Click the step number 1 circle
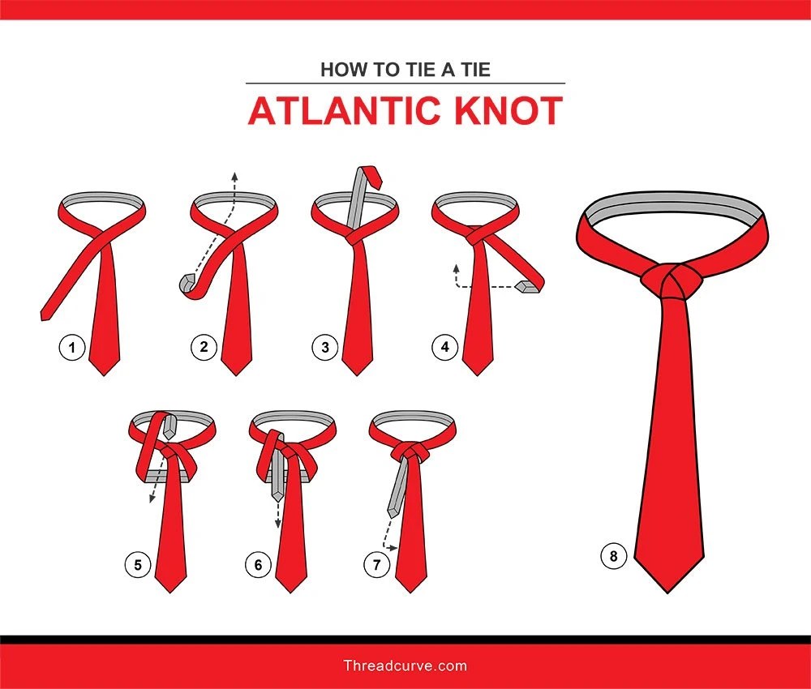pos(71,349)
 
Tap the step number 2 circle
pos(204,349)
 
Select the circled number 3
pos(324,349)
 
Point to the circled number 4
pos(444,349)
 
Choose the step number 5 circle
pos(137,565)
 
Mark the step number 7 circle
pos(376,565)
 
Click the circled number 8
pos(613,556)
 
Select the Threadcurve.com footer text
pos(405,666)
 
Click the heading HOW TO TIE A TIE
pos(405,69)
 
